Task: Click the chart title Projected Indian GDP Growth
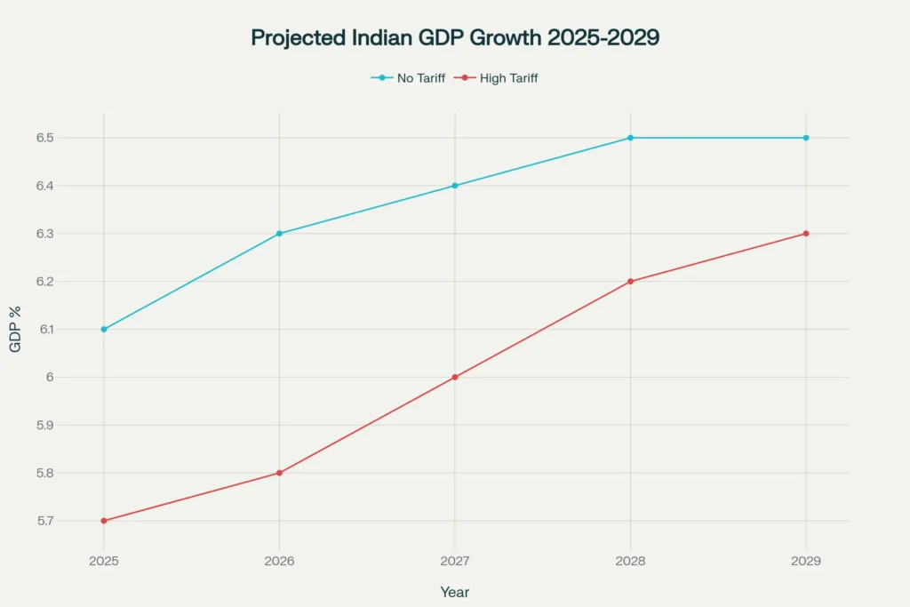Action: click(x=455, y=38)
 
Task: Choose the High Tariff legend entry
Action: click(x=497, y=78)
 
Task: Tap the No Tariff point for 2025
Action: click(x=104, y=329)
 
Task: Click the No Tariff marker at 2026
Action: click(x=279, y=234)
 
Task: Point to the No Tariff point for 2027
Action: click(x=455, y=186)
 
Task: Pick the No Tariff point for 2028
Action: click(x=630, y=138)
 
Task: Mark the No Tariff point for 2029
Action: click(x=806, y=138)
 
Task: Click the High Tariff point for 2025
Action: click(x=104, y=521)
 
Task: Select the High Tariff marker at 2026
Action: click(x=279, y=473)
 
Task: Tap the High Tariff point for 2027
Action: click(x=455, y=377)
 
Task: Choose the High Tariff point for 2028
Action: click(x=630, y=282)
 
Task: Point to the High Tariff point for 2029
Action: click(x=806, y=234)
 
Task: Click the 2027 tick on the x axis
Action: click(x=455, y=562)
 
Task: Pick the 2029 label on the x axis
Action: click(x=806, y=562)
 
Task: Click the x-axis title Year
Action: click(x=455, y=592)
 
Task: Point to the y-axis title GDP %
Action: click(x=16, y=329)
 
